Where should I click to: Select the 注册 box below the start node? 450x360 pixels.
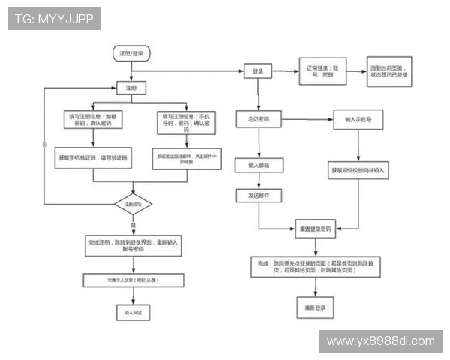pyautogui.click(x=130, y=88)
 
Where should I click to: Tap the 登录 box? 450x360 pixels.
pyautogui.click(x=258, y=71)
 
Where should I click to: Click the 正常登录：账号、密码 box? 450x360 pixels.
pyautogui.click(x=321, y=71)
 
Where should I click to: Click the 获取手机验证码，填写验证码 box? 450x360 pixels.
pyautogui.click(x=93, y=159)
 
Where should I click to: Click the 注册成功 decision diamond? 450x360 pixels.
pyautogui.click(x=133, y=204)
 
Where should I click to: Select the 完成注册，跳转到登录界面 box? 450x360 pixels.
pyautogui.click(x=133, y=246)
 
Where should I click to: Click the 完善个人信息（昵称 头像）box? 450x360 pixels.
pyautogui.click(x=133, y=280)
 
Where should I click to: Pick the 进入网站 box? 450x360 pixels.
pyautogui.click(x=133, y=310)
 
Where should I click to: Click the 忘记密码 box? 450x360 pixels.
pyautogui.click(x=259, y=119)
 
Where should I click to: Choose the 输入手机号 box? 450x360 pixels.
pyautogui.click(x=358, y=119)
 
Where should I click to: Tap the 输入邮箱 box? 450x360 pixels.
pyautogui.click(x=258, y=164)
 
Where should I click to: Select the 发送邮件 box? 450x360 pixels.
pyautogui.click(x=258, y=196)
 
